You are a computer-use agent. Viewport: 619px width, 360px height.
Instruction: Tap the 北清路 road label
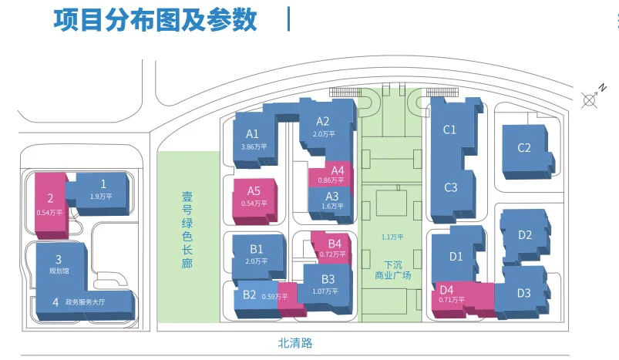point(295,342)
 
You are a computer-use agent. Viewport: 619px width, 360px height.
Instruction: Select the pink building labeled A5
point(254,201)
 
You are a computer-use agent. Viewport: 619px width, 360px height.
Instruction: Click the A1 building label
point(252,134)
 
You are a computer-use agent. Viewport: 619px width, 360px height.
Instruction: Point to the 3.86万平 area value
point(254,146)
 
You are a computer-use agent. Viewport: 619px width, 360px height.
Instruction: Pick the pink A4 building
point(331,173)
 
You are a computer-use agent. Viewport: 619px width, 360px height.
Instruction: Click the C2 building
point(527,152)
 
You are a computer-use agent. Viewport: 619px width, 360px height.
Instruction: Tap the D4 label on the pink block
point(446,290)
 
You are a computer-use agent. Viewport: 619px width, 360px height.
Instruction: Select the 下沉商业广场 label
point(393,270)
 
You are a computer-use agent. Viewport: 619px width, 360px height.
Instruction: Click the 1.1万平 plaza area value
point(392,237)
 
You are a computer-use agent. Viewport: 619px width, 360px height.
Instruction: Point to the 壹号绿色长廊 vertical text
point(187,230)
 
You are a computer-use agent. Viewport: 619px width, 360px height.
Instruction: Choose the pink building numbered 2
point(52,206)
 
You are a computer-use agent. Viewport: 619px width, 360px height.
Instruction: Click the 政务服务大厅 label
point(86,302)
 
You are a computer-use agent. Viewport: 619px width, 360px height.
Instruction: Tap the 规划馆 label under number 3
point(59,271)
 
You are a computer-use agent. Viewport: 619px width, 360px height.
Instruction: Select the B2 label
point(250,295)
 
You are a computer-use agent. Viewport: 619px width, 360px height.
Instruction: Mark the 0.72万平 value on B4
point(332,254)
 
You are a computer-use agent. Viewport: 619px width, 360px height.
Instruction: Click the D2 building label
point(525,235)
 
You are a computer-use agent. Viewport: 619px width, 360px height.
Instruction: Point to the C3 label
point(450,187)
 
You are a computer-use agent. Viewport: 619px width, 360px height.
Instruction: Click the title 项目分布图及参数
point(155,20)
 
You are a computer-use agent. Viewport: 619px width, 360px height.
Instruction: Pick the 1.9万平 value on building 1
point(101,196)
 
